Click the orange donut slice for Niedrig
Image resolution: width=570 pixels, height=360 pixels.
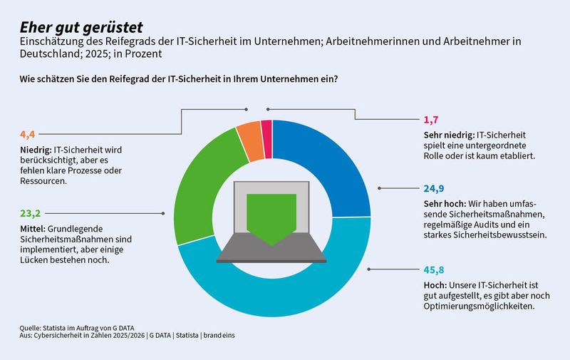coord(249,135)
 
